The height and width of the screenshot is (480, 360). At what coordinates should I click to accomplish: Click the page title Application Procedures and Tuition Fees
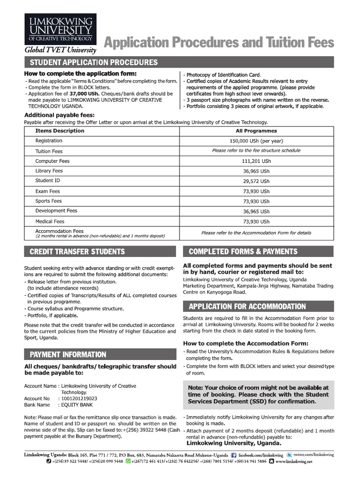(x=218, y=43)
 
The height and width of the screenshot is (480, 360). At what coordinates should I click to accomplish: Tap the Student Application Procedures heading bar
(x=94, y=62)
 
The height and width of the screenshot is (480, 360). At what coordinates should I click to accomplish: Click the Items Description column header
(x=60, y=131)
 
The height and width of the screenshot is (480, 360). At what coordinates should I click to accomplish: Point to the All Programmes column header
(x=256, y=131)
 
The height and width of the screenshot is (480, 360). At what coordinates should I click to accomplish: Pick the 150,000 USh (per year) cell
(x=256, y=141)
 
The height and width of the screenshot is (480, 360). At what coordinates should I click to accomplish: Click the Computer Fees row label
(x=52, y=161)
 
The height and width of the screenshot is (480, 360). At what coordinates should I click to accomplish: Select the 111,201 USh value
(x=256, y=161)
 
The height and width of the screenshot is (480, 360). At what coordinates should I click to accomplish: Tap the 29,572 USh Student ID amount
(x=256, y=181)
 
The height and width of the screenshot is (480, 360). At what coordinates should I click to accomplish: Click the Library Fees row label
(x=49, y=171)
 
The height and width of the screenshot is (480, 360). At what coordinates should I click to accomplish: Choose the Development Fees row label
(x=56, y=211)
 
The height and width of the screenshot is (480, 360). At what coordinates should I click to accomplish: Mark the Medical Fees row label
(x=50, y=221)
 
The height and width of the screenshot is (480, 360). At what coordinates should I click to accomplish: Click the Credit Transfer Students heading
(x=77, y=252)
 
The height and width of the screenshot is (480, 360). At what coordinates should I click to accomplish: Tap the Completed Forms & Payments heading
(x=243, y=252)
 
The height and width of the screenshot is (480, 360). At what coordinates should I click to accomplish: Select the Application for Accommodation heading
(x=247, y=307)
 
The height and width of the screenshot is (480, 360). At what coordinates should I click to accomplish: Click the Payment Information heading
(x=68, y=354)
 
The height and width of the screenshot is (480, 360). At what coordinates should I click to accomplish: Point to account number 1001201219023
(x=77, y=398)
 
